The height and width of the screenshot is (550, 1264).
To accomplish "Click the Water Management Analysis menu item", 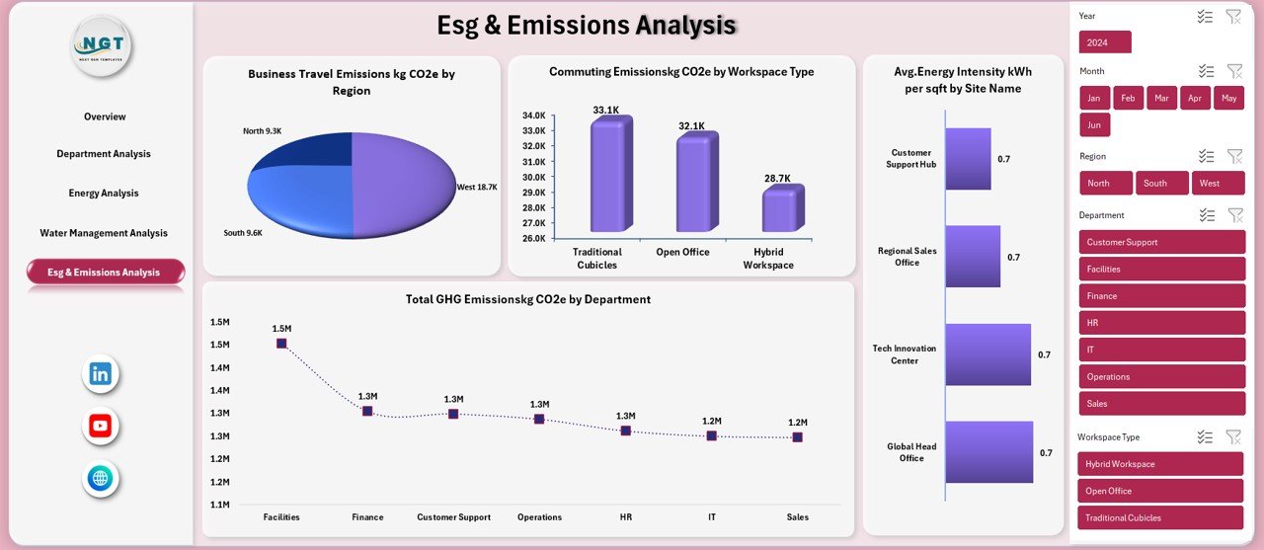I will [x=104, y=233].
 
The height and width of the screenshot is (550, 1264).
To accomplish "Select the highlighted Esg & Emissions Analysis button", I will [x=105, y=272].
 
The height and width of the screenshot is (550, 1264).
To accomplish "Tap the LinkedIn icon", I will [x=101, y=373].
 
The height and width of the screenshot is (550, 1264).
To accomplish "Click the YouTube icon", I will [x=101, y=426].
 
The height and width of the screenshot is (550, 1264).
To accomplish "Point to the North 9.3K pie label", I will [x=262, y=130].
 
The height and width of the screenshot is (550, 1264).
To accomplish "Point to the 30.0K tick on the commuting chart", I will [x=533, y=177].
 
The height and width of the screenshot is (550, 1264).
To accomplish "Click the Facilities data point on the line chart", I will [x=281, y=344].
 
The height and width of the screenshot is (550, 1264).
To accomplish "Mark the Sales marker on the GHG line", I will [x=797, y=436].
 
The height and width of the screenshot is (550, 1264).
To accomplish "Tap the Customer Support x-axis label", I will [x=452, y=517].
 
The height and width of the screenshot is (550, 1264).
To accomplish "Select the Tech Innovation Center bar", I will [x=987, y=354].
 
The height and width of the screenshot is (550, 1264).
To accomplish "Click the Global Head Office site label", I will [x=910, y=452].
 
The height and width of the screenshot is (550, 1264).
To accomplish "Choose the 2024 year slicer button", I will [x=1105, y=42].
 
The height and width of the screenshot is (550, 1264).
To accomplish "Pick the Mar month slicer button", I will [x=1161, y=98].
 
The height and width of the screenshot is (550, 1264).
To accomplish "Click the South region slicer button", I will [x=1161, y=183].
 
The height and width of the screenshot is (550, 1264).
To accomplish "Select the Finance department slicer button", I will [x=1161, y=295].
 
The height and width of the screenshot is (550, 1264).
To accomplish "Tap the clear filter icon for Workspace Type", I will [x=1233, y=436].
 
